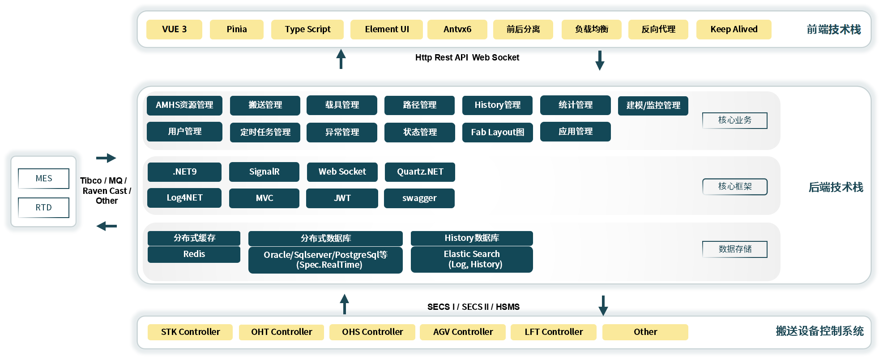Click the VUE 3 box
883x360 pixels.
click(174, 30)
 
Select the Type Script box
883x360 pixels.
click(307, 30)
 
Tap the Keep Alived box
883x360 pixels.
click(734, 30)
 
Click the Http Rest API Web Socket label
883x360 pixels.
click(467, 57)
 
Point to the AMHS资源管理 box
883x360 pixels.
click(184, 105)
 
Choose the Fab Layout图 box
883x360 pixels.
click(498, 133)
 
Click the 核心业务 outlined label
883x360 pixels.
click(735, 120)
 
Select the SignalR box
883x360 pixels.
click(264, 172)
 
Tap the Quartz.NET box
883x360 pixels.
click(420, 172)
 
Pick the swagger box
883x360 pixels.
click(419, 198)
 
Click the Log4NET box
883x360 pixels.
click(184, 198)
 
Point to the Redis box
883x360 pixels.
click(194, 254)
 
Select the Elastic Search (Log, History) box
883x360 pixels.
click(472, 259)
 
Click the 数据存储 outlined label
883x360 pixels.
click(735, 249)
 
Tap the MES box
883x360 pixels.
click(44, 179)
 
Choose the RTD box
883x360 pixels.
click(44, 208)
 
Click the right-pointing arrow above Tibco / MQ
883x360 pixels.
click(106, 158)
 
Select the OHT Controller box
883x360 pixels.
click(282, 332)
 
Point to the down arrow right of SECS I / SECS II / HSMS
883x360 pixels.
click(603, 305)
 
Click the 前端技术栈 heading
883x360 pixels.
click(834, 30)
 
